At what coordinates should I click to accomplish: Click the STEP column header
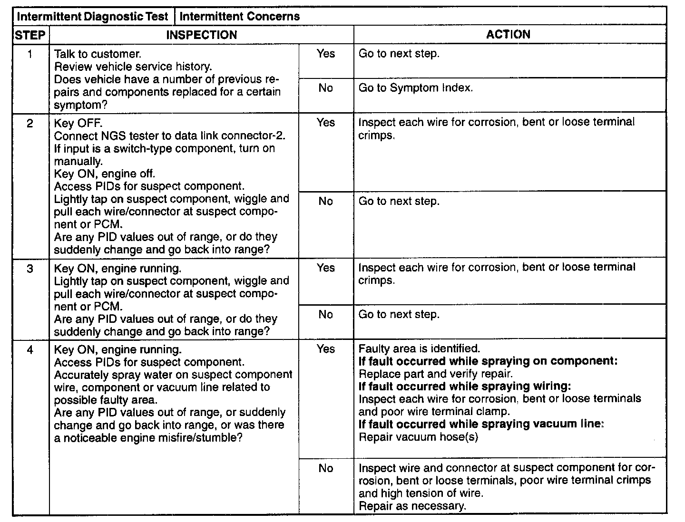coord(30,35)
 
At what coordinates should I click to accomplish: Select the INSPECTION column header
coord(201,35)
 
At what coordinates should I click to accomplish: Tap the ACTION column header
coord(508,34)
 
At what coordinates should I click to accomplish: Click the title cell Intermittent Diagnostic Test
coord(93,16)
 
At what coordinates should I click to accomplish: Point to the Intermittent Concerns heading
coord(240,16)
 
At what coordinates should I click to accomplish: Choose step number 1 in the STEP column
coord(30,54)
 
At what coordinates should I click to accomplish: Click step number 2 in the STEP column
coord(30,124)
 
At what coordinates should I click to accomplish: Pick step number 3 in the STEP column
coord(30,269)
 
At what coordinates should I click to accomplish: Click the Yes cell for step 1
coord(326,54)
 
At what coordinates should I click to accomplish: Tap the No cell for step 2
coord(326,201)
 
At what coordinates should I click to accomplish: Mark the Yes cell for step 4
coord(326,349)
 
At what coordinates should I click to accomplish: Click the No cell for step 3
coord(326,314)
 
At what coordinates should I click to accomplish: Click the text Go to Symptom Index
coord(415,88)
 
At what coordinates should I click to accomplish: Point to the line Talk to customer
coord(98,54)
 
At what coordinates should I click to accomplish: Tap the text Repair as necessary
coord(412,505)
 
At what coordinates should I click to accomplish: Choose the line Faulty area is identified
coord(419,349)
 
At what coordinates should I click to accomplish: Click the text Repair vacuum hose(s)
coord(418,437)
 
